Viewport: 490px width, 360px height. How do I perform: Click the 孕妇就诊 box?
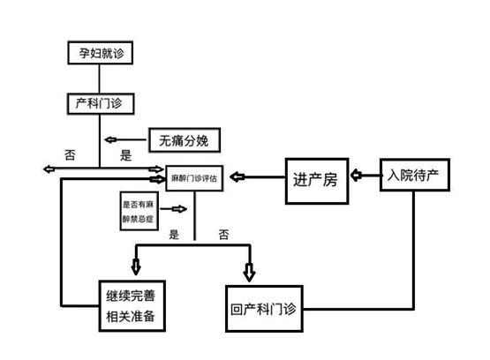101,53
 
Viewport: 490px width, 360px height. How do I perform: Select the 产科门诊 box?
101,103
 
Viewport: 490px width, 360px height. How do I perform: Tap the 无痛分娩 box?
185,140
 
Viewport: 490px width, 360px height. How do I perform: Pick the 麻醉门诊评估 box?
194,178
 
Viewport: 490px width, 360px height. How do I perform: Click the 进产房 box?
317,181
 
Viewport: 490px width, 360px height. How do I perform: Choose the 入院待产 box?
415,175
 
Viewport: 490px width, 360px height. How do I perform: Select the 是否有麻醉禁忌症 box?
139,211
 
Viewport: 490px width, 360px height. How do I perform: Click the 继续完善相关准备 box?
132,305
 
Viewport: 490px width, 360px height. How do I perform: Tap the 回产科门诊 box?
264,309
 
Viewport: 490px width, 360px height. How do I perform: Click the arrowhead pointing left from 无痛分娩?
110,139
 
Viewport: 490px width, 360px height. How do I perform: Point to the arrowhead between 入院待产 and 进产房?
356,175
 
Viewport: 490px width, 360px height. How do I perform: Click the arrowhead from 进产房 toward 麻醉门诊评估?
237,176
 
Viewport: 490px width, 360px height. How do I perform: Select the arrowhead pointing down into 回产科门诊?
249,273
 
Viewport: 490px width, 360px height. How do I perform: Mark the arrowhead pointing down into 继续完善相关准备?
136,266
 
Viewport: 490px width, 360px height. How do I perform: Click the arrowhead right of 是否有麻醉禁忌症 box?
179,209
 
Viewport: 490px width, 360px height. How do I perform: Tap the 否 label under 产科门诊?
70,154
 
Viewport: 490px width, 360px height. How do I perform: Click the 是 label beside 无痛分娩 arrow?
125,155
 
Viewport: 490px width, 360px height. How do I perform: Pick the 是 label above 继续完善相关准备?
174,234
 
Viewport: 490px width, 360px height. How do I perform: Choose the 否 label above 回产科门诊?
223,234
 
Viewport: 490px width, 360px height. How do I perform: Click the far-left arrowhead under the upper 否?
49,169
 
